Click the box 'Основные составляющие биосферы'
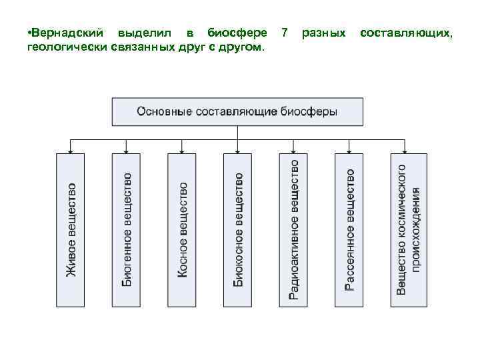tap(237, 112)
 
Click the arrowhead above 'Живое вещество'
tap(71, 150)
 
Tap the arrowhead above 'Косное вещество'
tap(183, 150)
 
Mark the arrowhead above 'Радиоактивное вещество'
tap(294, 150)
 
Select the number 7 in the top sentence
tap(285, 33)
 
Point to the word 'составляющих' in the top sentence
tap(406, 33)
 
